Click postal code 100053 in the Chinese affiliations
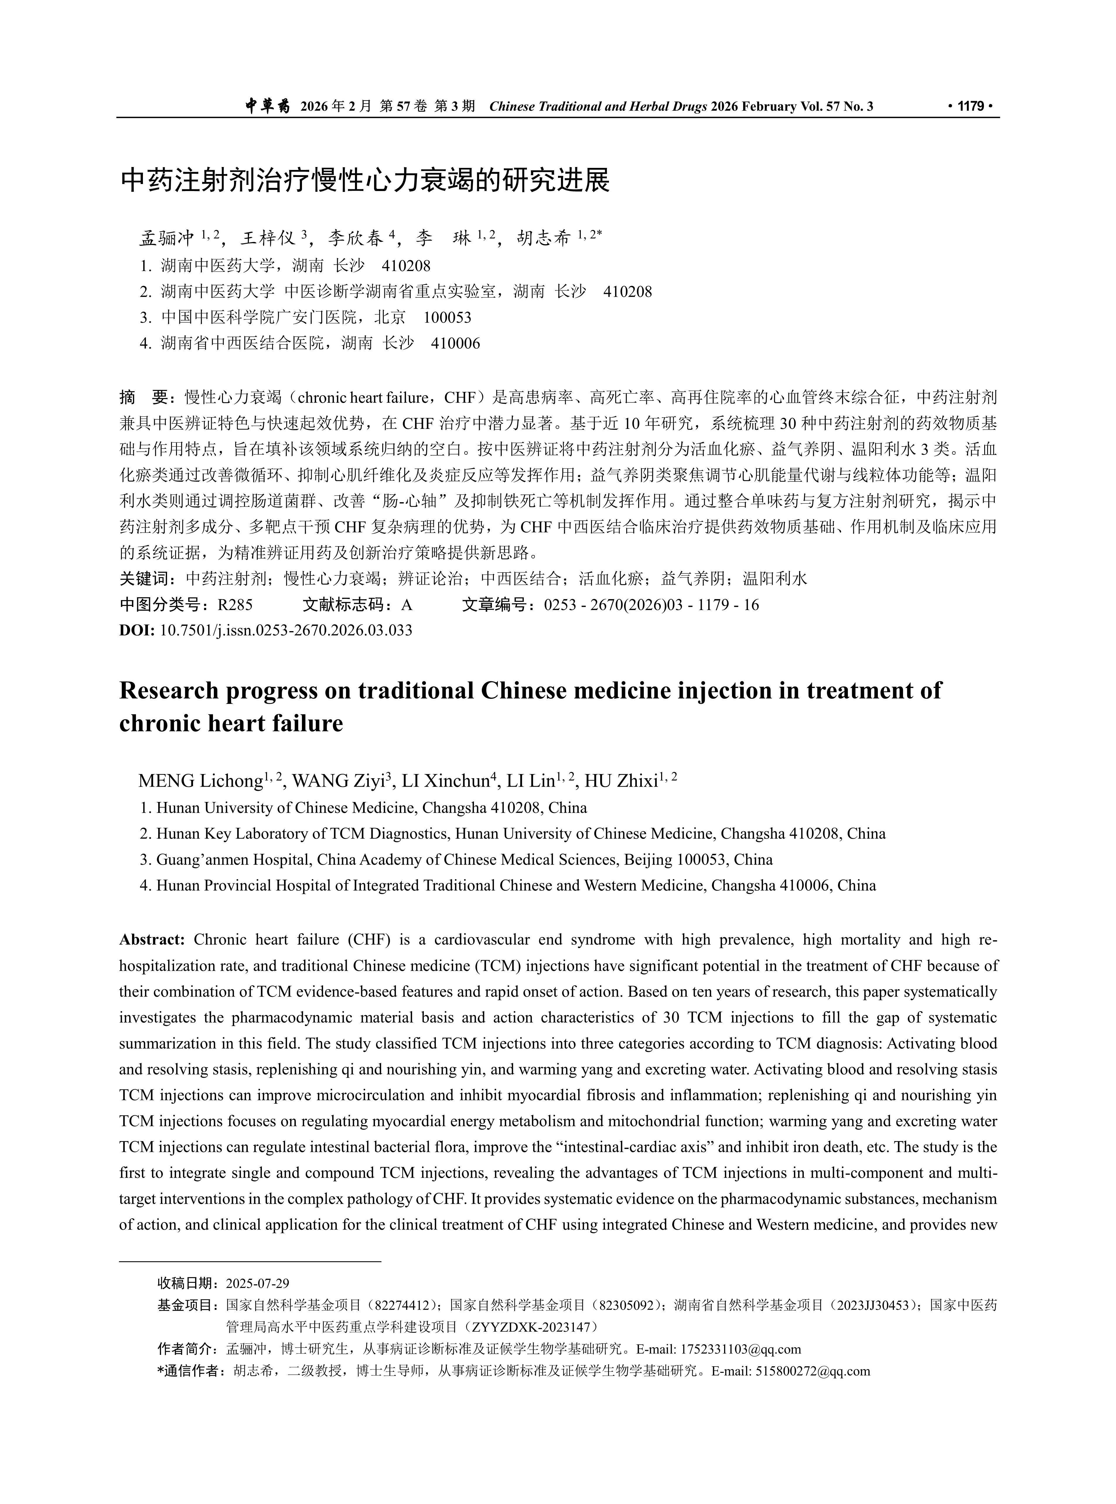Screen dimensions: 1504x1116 (x=447, y=318)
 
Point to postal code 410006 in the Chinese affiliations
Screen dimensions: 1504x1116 (x=455, y=343)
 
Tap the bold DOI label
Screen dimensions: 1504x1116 (x=136, y=630)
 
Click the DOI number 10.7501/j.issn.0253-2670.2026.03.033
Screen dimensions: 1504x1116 (x=286, y=630)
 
